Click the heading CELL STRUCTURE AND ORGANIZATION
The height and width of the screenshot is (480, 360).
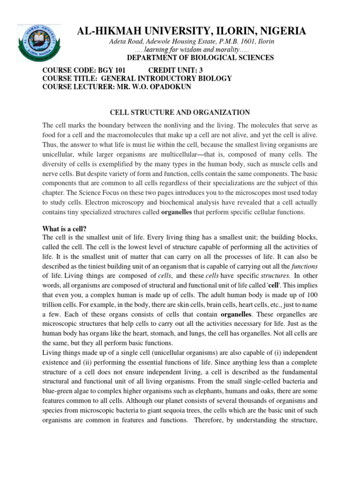pyautogui.click(x=180, y=112)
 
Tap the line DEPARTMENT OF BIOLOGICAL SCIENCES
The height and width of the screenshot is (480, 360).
pyautogui.click(x=201, y=58)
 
